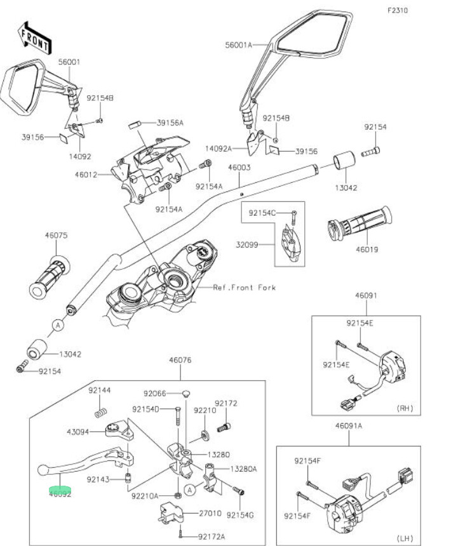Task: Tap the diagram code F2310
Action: (x=398, y=11)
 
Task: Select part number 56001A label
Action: (x=238, y=45)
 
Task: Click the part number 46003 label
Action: (x=239, y=168)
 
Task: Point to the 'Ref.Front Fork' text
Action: (x=245, y=288)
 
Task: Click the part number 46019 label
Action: (x=367, y=250)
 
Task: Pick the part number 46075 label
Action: (x=56, y=236)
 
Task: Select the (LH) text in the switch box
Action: (x=404, y=538)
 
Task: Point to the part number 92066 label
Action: (x=154, y=393)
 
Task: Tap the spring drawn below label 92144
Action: (x=99, y=414)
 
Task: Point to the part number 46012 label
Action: (x=85, y=175)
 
